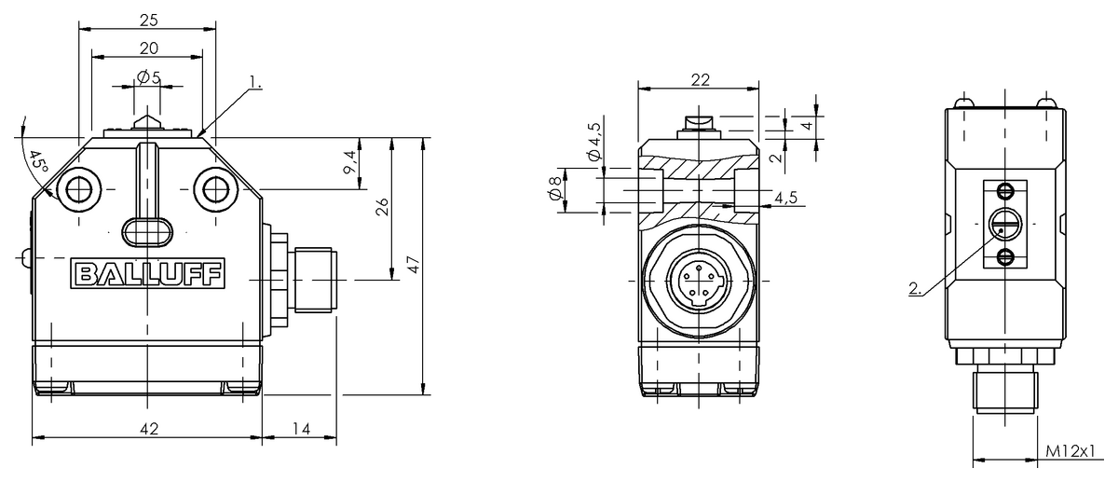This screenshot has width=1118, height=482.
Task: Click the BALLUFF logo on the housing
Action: pos(148,274)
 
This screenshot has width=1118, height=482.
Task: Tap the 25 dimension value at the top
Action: pos(149,20)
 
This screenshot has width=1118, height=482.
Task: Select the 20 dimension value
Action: pos(149,48)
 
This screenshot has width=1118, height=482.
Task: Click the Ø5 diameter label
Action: pos(149,77)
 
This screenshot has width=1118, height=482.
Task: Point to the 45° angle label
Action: pos(37,163)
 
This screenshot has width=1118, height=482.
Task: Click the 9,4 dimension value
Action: pos(351,162)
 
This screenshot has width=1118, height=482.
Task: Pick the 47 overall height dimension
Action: pos(415,265)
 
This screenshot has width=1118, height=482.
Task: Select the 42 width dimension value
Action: pos(149,429)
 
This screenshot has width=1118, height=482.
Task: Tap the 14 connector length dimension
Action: pos(301,429)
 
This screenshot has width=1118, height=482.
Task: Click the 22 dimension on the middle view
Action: pos(701,80)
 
